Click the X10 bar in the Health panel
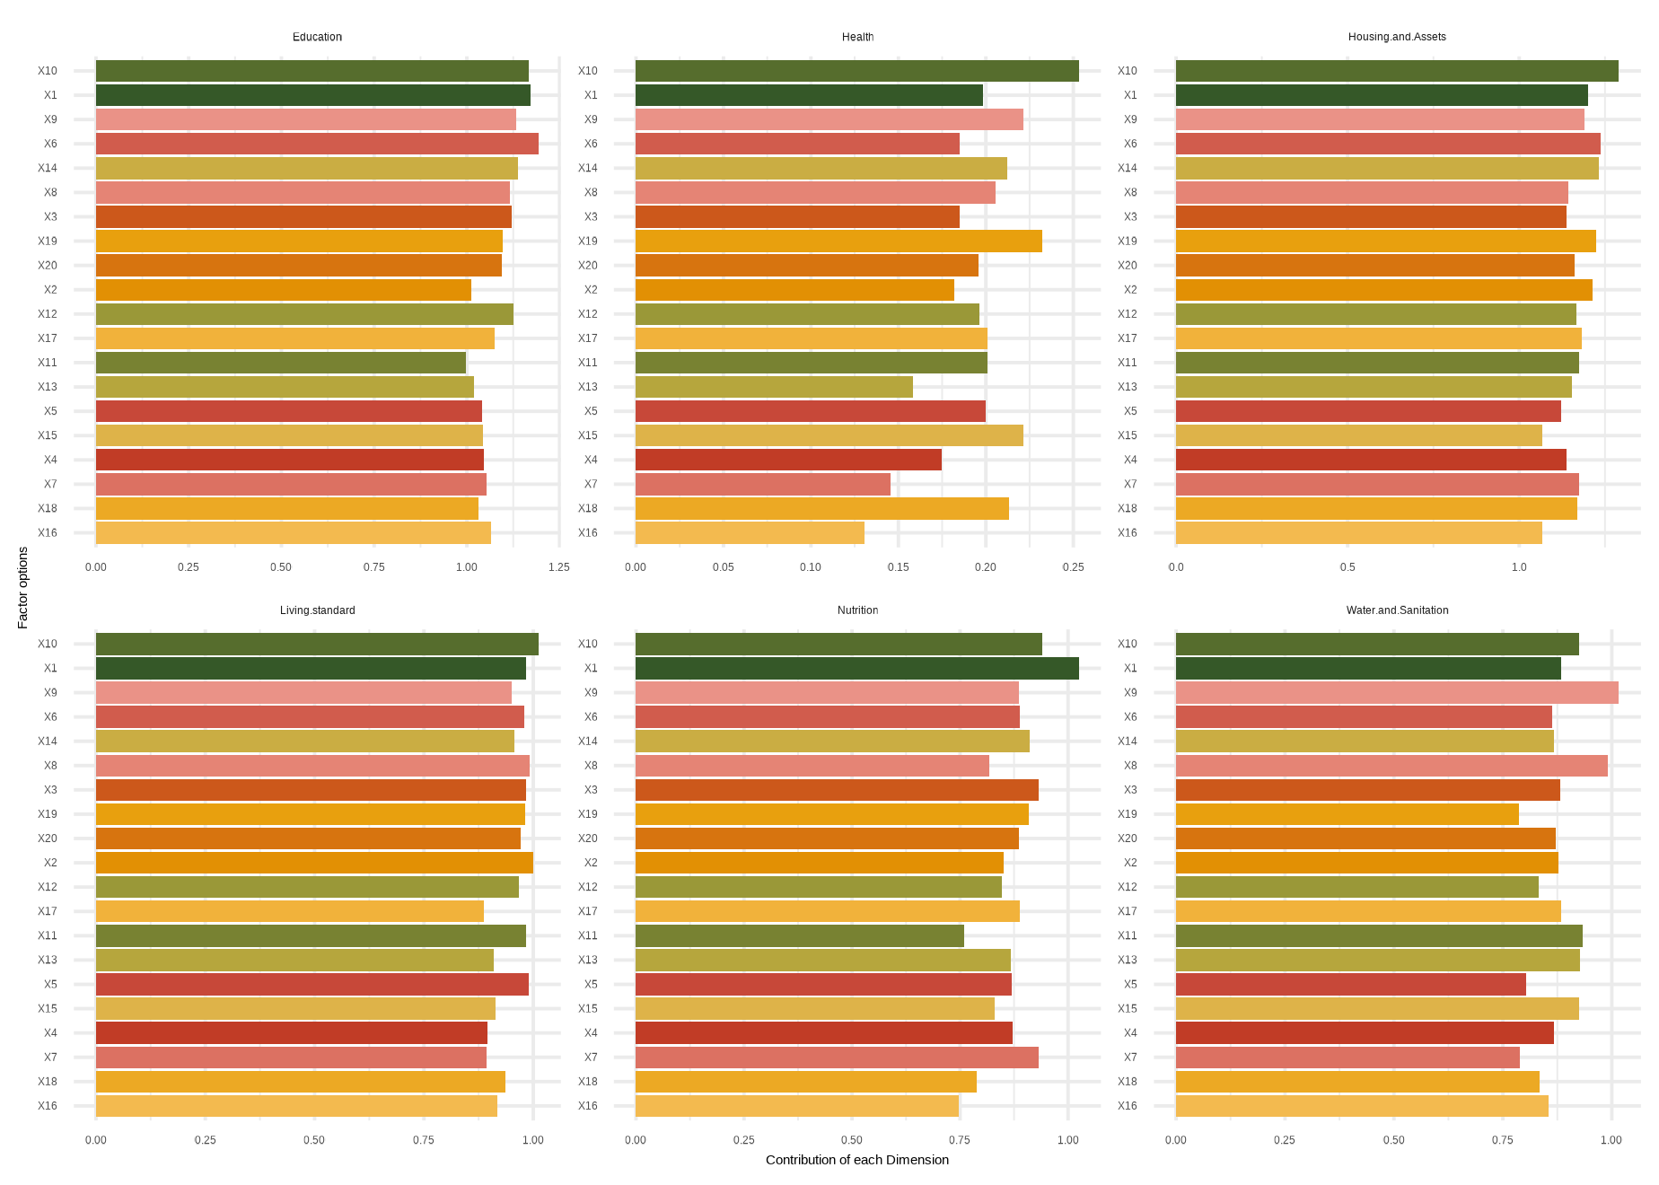pos(856,71)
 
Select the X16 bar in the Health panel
pos(750,532)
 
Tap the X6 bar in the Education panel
pos(317,144)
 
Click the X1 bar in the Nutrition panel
pos(856,668)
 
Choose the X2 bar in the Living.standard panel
pos(314,863)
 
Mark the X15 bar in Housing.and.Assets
pos(1358,435)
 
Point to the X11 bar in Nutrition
pos(799,935)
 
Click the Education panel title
pos(317,37)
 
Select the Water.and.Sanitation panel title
pos(1397,610)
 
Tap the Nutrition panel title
pos(857,610)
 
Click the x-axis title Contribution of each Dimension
pos(856,1160)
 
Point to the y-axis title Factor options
pos(23,587)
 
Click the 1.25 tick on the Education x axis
pos(558,567)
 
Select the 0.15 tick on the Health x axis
pos(898,567)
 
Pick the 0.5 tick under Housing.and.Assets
pos(1347,567)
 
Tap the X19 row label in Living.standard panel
pos(48,814)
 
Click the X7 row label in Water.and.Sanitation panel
pos(1130,1058)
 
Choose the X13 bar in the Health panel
pos(774,387)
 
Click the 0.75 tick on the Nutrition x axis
pos(960,1140)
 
